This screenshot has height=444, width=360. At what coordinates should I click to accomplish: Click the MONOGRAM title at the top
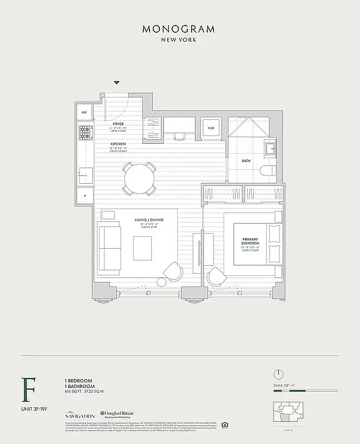point(178,29)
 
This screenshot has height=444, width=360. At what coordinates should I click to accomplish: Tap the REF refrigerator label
point(84,112)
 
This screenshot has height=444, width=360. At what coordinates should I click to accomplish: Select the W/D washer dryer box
point(211,129)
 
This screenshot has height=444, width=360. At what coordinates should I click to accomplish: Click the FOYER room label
point(118,124)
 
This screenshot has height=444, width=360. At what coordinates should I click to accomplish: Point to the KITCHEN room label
point(118,144)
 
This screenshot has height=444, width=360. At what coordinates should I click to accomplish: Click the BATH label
point(246,161)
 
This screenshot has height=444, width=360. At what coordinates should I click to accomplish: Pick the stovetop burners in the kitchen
point(84,132)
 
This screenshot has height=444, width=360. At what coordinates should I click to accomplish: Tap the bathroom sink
point(271,148)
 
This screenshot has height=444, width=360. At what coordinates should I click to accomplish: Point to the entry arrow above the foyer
point(117,83)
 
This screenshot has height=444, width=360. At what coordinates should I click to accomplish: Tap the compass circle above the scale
point(279,374)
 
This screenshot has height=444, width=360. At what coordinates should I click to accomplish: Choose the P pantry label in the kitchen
point(84,196)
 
